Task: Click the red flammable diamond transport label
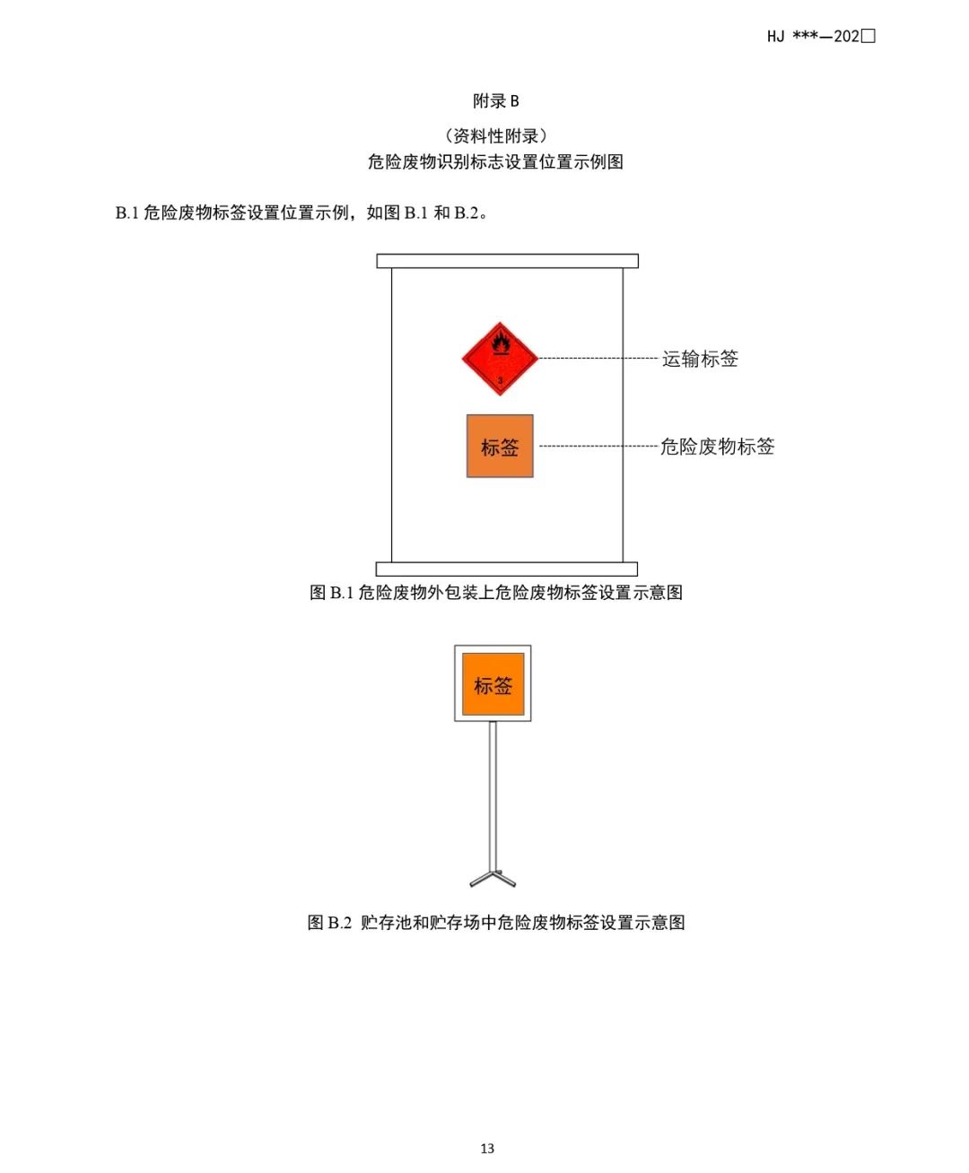(x=500, y=359)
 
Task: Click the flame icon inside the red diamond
(x=500, y=342)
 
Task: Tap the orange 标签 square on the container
(x=500, y=446)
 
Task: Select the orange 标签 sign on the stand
(x=493, y=685)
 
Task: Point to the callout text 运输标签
(x=700, y=359)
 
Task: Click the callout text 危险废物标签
(x=717, y=447)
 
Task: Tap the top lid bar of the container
(x=507, y=261)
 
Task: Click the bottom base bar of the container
(x=506, y=569)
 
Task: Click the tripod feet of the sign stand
(x=493, y=878)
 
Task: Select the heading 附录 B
(x=496, y=101)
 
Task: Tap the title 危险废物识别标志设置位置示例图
(x=495, y=162)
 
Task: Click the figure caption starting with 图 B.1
(x=496, y=593)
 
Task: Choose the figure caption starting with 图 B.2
(x=496, y=923)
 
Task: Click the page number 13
(x=487, y=1149)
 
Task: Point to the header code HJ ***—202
(x=820, y=37)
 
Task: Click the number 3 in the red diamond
(x=500, y=381)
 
